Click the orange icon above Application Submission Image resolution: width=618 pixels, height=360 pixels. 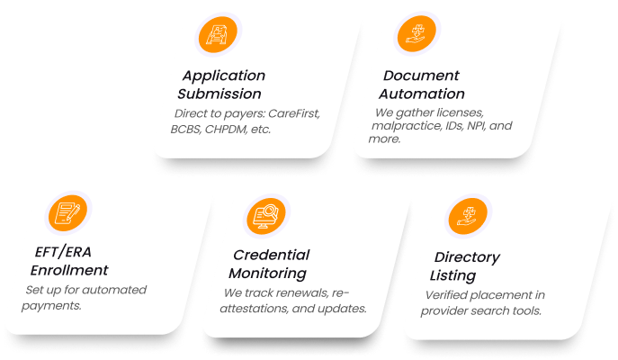point(219,37)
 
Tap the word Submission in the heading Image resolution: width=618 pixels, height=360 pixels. point(219,94)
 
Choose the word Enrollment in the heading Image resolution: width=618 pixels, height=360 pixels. point(69,270)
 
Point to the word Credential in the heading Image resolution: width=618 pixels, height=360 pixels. point(271,255)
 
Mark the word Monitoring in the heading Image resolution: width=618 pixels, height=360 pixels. point(267,274)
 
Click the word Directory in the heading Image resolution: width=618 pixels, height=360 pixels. point(466,257)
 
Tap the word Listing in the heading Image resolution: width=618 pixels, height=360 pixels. point(452,275)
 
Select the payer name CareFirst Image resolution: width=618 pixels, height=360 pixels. point(292,114)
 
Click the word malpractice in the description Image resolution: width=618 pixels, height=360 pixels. point(408,127)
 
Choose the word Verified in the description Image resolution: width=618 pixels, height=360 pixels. point(446,296)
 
